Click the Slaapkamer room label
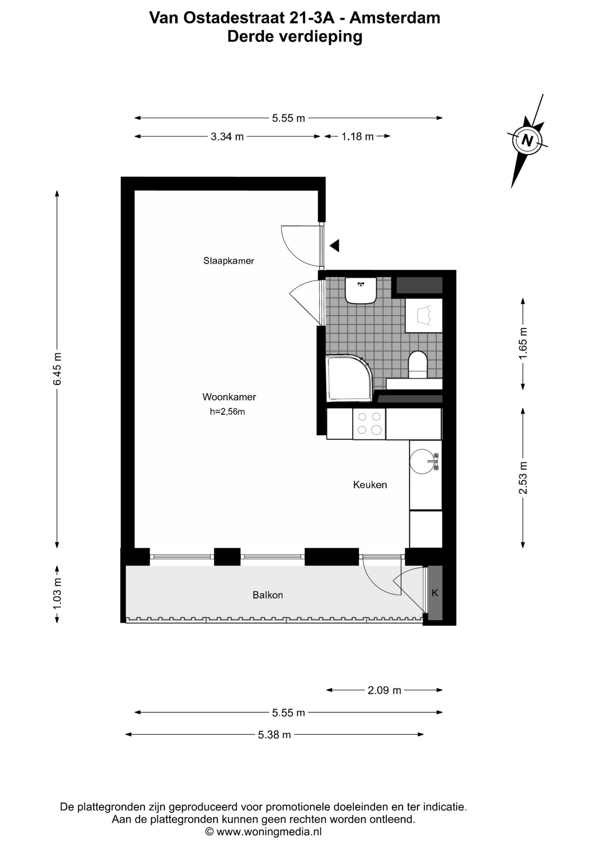(x=229, y=261)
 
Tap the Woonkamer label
(x=229, y=397)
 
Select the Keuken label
(x=370, y=485)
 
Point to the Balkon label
(x=268, y=595)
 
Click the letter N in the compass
(x=527, y=140)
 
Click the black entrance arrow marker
(x=335, y=245)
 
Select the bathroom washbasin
(x=361, y=290)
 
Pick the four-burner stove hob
(x=369, y=424)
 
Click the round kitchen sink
(x=422, y=462)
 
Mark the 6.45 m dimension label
(x=58, y=369)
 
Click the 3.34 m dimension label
(x=227, y=137)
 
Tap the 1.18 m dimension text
(x=358, y=137)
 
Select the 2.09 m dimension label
(x=384, y=690)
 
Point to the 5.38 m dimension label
(x=274, y=735)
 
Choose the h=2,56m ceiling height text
(x=227, y=412)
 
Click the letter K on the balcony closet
(x=435, y=593)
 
